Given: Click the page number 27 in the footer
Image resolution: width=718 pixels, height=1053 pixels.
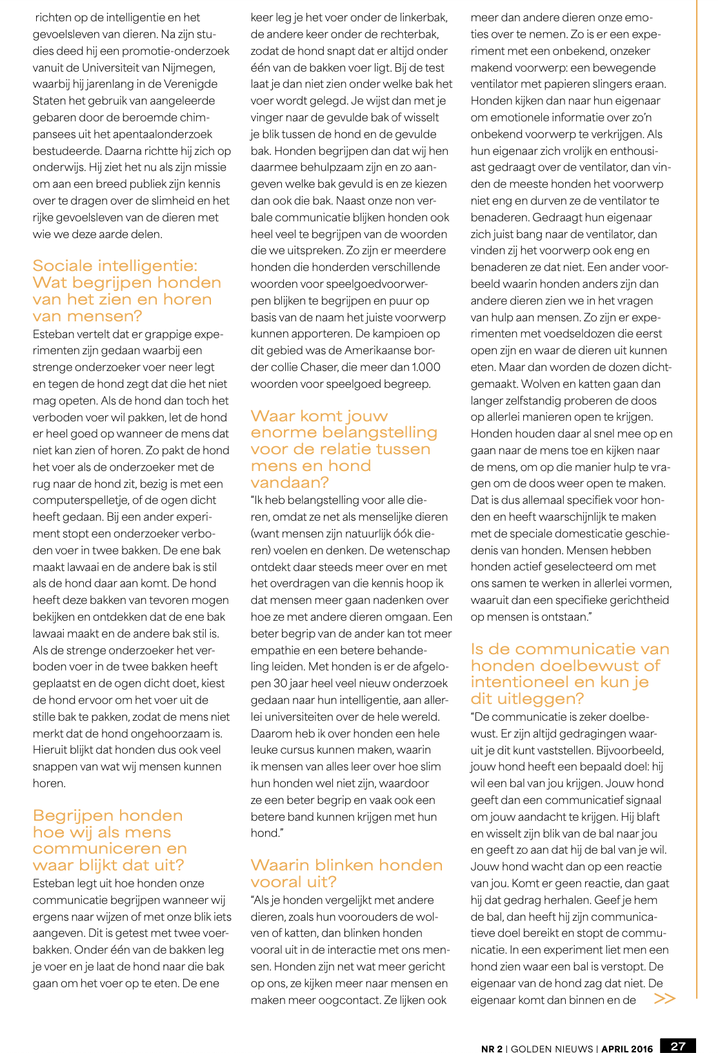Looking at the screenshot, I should pos(678,1047).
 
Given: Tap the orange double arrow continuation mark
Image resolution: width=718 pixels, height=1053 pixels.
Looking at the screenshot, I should pos(664,999).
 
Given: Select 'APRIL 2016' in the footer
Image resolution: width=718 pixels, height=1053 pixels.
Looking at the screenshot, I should pos(627,1048).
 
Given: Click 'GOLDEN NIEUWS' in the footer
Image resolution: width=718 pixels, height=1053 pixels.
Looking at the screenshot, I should pos(552,1048).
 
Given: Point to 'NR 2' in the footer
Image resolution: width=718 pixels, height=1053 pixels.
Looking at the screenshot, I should pos(492,1048).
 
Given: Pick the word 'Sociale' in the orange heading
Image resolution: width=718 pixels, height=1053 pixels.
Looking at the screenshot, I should pos(72,266).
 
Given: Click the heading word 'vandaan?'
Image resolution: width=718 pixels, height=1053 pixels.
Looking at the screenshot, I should pos(290,483).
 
